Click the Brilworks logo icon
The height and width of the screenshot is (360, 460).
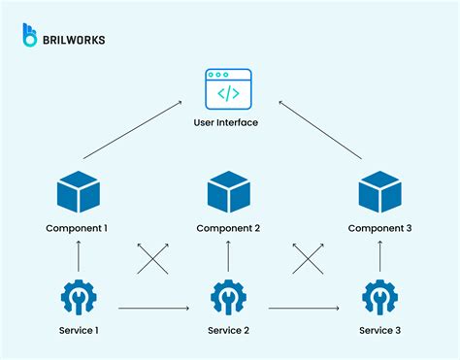coord(31,36)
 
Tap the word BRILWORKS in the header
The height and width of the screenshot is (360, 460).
coord(75,40)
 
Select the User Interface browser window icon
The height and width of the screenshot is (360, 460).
coord(229,90)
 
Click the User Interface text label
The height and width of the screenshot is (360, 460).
coord(229,122)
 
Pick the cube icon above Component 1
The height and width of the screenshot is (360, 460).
coord(78,192)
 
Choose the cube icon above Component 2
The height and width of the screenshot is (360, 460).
coord(229,192)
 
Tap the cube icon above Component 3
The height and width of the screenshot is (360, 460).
coord(378,190)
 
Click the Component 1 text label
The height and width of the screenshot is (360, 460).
coord(78,228)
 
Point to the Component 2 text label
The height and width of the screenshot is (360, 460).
coord(229,229)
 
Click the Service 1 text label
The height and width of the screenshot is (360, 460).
coord(78,331)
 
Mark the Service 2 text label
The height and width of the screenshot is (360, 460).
coord(229,331)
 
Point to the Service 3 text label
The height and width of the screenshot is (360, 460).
coord(379,331)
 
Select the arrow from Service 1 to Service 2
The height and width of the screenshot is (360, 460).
coord(152,309)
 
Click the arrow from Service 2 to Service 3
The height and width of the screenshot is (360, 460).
coord(304,309)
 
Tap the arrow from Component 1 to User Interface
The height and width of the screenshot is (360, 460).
coord(132,129)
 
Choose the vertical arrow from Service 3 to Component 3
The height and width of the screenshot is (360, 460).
coord(379,257)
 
